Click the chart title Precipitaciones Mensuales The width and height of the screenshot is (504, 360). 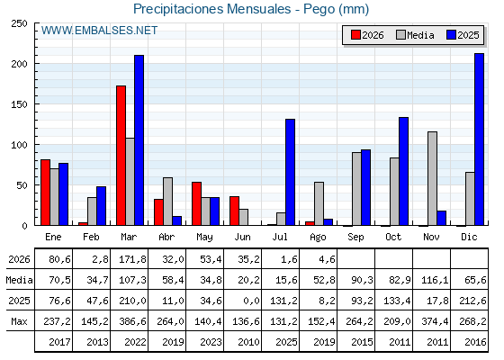212,9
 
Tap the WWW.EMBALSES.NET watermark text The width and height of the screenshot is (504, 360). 99,31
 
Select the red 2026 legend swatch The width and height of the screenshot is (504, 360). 355,35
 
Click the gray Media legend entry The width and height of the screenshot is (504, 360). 415,35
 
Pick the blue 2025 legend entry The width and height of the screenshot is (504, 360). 463,35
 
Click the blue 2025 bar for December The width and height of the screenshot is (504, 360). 479,139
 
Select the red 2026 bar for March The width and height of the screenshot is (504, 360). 121,156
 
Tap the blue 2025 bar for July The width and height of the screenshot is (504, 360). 290,172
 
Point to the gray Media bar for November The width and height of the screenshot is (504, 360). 432,178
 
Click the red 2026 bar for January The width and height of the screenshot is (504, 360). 45,193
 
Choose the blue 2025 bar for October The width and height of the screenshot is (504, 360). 404,171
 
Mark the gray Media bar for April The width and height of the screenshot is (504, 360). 167,202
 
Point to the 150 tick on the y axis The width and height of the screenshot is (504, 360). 19,104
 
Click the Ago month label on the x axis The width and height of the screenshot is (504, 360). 318,238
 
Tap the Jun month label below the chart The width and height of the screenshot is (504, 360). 242,238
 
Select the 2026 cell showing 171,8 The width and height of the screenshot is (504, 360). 132,259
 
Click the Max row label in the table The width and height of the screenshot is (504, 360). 19,321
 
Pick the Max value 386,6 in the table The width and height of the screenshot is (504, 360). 132,321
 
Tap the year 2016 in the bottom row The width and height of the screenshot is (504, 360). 475,342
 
